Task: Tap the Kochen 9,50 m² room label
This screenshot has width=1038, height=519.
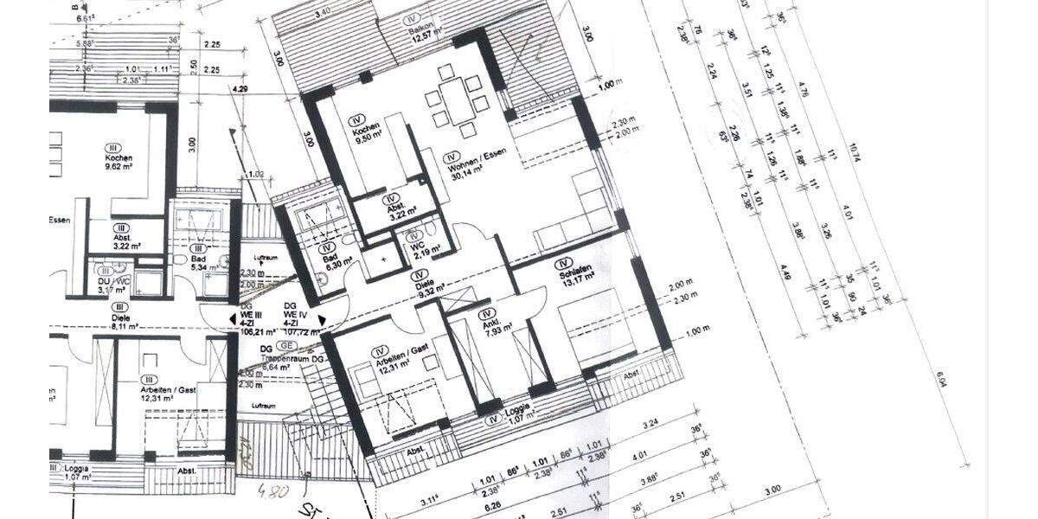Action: coord(366,134)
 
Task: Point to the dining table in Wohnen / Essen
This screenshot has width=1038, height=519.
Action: coord(457,103)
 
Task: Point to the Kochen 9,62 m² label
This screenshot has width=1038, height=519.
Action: coord(119,163)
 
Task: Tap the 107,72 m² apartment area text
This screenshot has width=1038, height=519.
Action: coord(291,330)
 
